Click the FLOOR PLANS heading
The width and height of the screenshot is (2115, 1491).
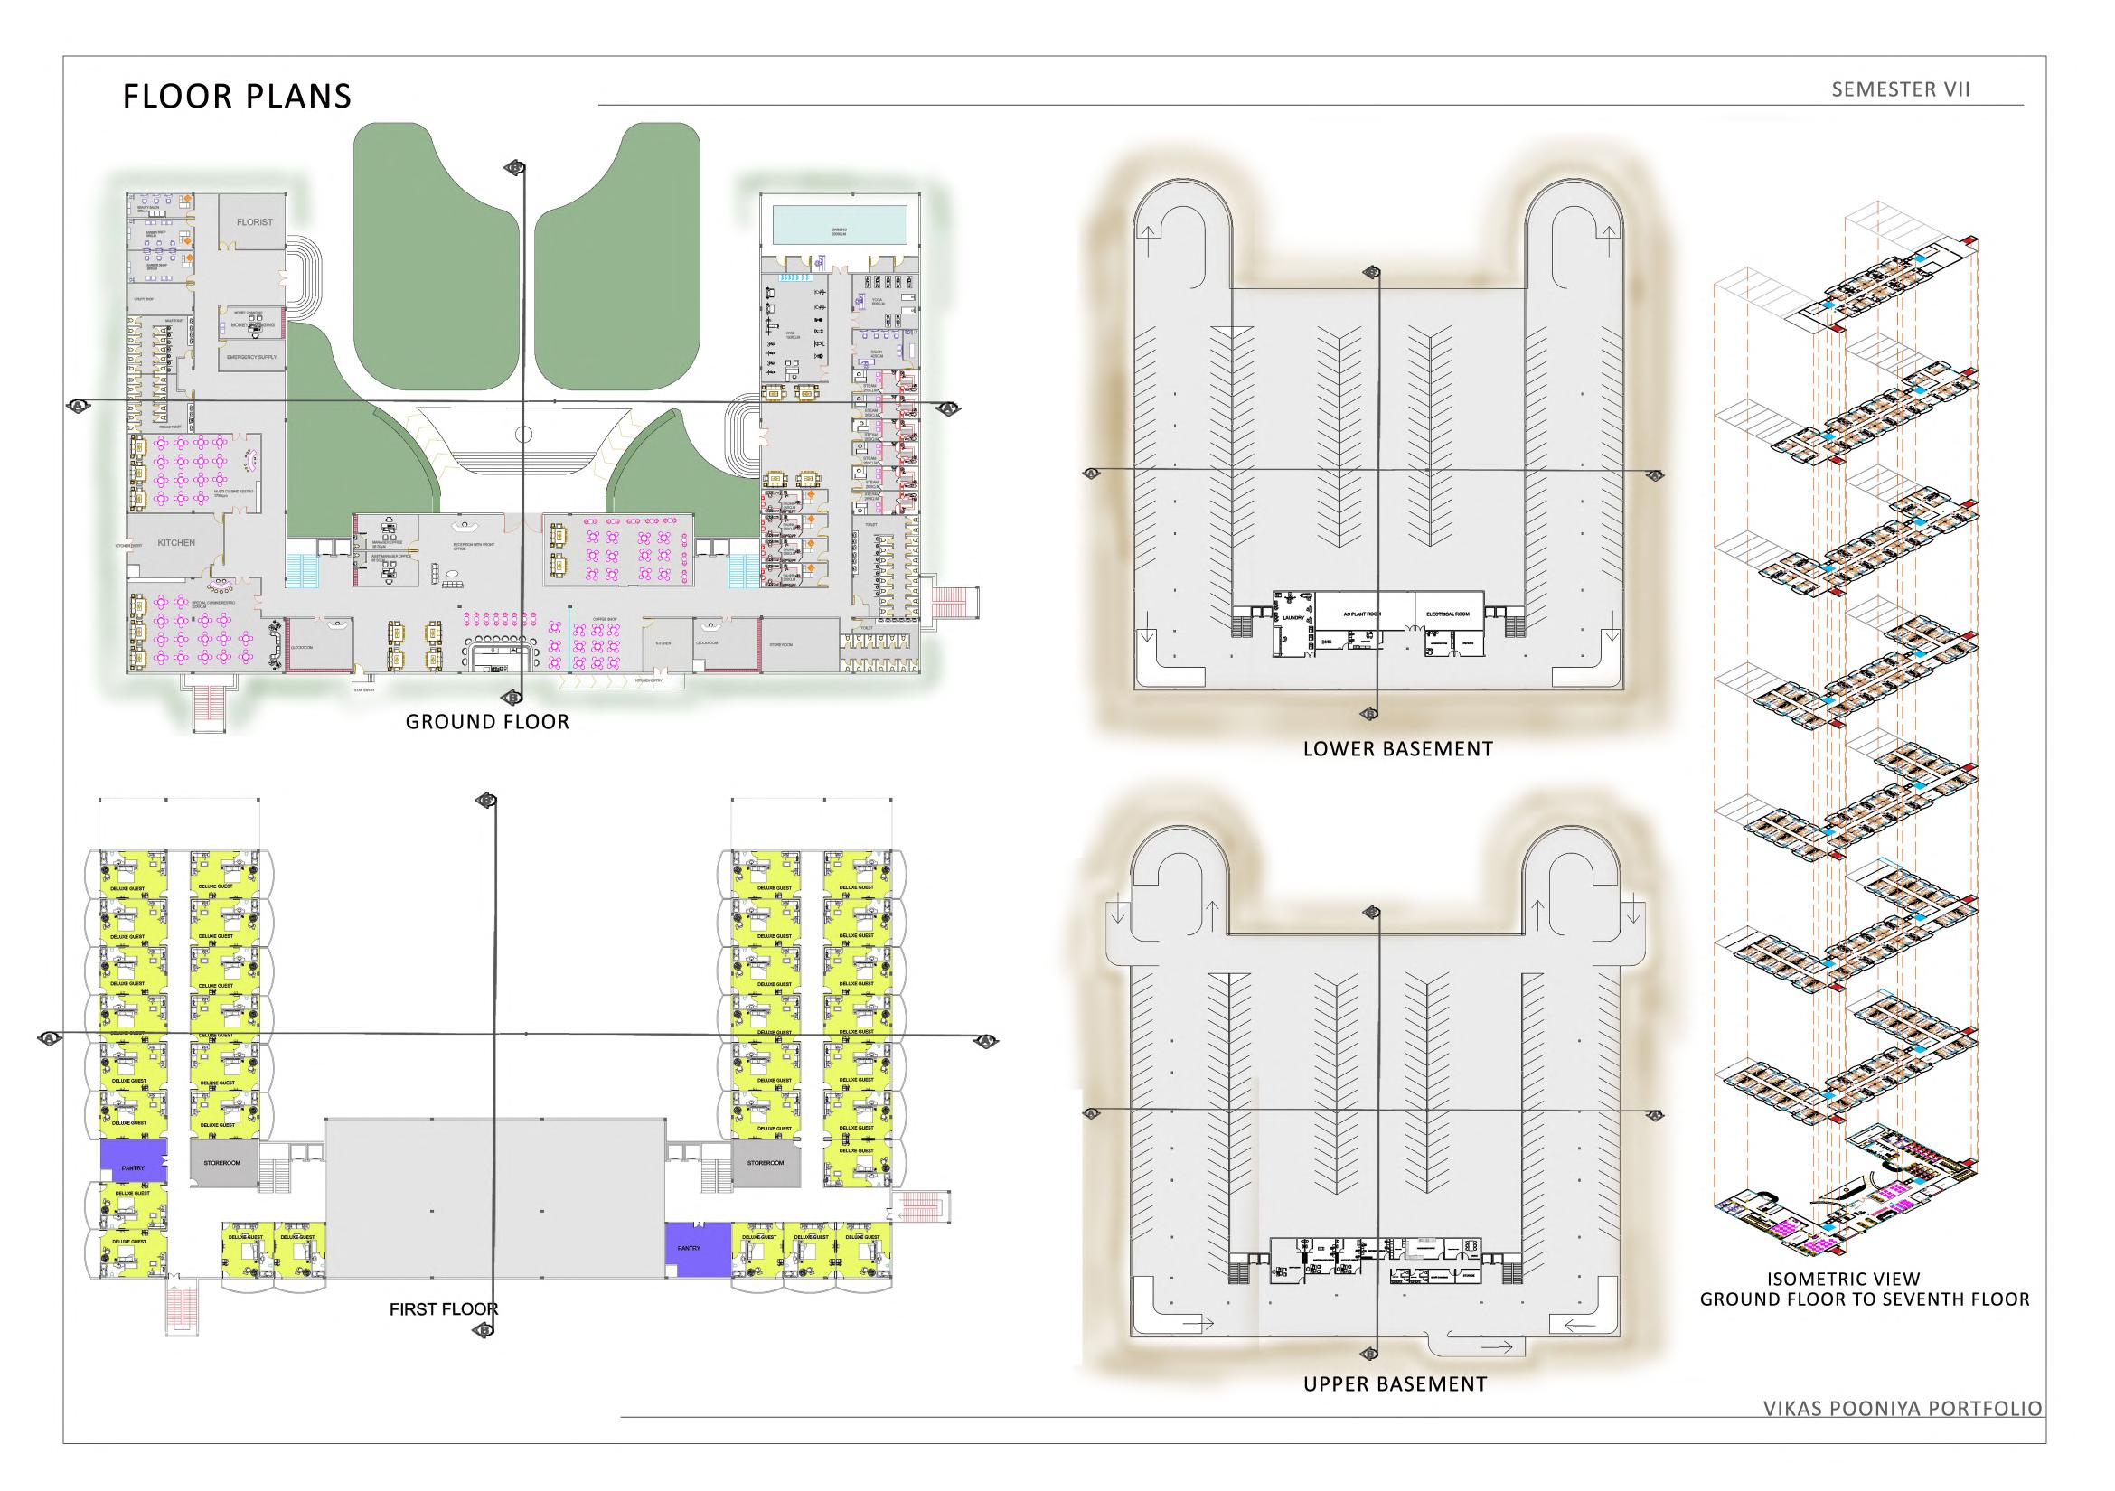pyautogui.click(x=237, y=97)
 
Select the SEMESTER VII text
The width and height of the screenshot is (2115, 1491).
pyautogui.click(x=1901, y=89)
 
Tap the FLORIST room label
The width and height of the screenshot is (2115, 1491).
pyautogui.click(x=254, y=222)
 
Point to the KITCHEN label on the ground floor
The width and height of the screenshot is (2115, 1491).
pyautogui.click(x=176, y=542)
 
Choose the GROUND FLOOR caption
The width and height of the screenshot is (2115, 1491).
pyautogui.click(x=487, y=722)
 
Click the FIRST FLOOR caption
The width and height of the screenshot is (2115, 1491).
pyautogui.click(x=443, y=1308)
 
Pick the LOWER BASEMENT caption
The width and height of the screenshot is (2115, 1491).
pyautogui.click(x=1397, y=750)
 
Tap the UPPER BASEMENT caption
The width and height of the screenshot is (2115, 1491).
pyautogui.click(x=1395, y=1410)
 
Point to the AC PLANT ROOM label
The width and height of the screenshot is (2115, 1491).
pyautogui.click(x=1362, y=613)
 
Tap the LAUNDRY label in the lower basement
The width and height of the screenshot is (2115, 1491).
pyautogui.click(x=1292, y=618)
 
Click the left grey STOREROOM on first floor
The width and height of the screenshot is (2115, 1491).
pyautogui.click(x=222, y=1163)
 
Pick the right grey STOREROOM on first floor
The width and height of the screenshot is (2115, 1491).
pyautogui.click(x=766, y=1163)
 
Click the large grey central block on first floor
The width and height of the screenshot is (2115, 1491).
pyautogui.click(x=494, y=1198)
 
